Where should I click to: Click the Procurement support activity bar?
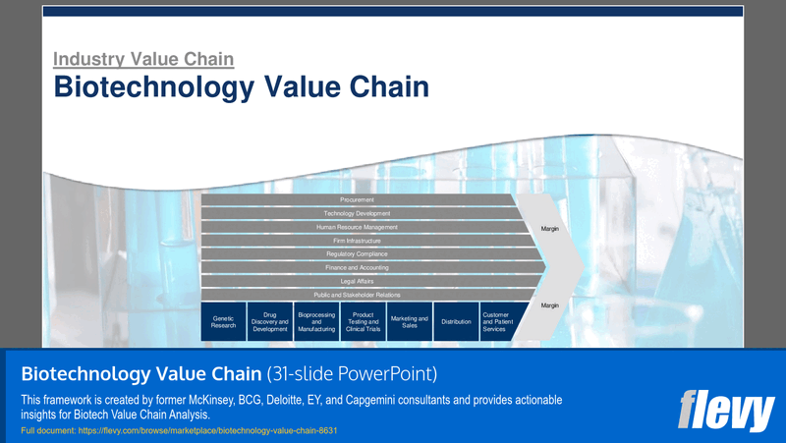pyautogui.click(x=358, y=199)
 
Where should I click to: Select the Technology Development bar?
pyautogui.click(x=358, y=213)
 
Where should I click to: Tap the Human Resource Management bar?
pyautogui.click(x=358, y=227)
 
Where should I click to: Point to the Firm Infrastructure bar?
pyautogui.click(x=358, y=241)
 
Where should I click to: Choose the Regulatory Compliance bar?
pyautogui.click(x=358, y=254)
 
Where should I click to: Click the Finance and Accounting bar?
pyautogui.click(x=358, y=267)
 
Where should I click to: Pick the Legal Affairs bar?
pyautogui.click(x=358, y=281)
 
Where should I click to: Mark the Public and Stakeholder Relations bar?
pyautogui.click(x=358, y=295)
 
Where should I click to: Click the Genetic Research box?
pyautogui.click(x=223, y=321)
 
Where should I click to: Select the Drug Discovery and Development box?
pyautogui.click(x=269, y=321)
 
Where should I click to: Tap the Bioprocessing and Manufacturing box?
pyautogui.click(x=315, y=321)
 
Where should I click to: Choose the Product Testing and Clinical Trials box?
pyautogui.click(x=363, y=321)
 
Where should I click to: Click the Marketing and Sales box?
pyautogui.click(x=409, y=321)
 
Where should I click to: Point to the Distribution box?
pyautogui.click(x=456, y=321)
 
